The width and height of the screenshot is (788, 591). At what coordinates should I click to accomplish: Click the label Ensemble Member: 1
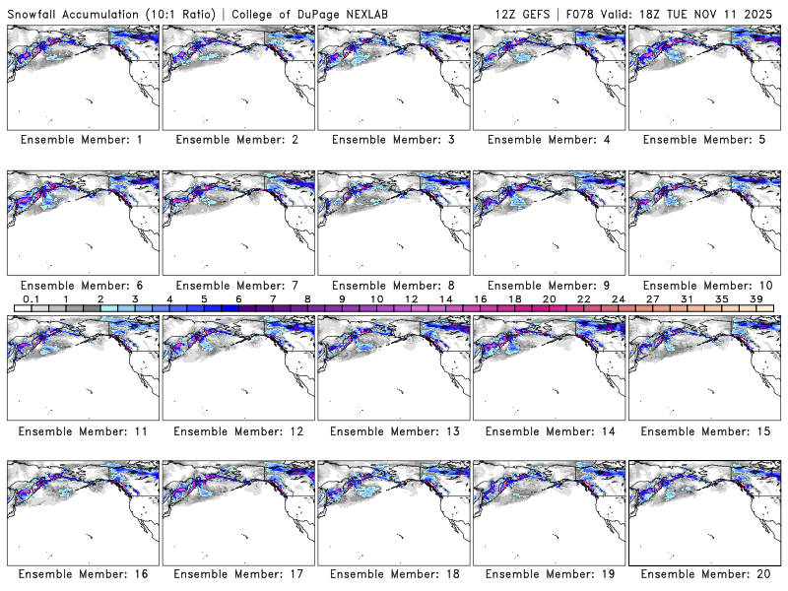(82, 140)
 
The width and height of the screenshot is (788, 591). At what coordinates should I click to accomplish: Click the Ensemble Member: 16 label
(82, 574)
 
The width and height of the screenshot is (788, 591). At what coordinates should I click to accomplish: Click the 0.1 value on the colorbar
(31, 298)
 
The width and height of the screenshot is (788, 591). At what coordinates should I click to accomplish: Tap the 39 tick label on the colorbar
(755, 298)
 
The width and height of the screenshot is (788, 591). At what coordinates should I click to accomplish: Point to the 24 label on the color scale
(618, 298)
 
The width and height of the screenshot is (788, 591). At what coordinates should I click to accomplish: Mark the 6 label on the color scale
(238, 298)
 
